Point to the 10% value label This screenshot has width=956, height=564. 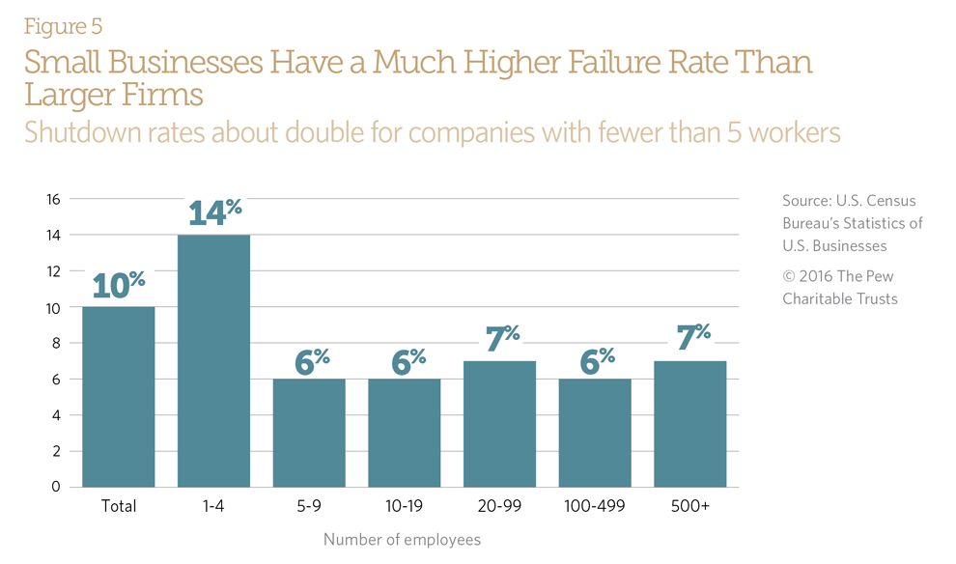click(x=119, y=285)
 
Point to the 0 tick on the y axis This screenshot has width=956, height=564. click(x=56, y=487)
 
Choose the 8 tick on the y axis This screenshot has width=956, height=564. click(x=56, y=343)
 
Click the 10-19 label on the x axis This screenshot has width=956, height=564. click(x=404, y=507)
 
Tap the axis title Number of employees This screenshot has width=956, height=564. click(x=402, y=539)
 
